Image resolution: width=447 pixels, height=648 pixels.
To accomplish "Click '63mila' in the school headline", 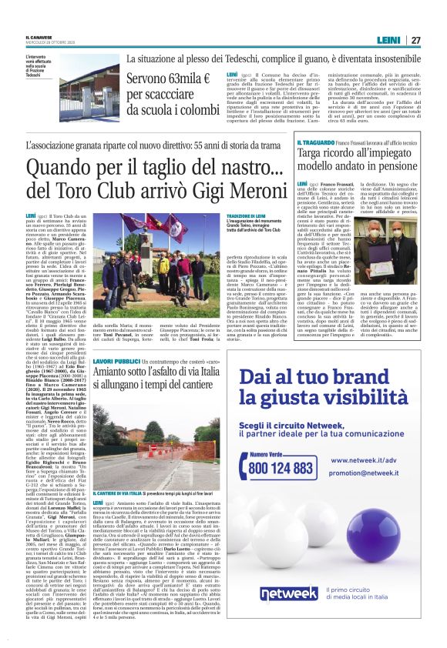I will (x=178, y=78).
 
